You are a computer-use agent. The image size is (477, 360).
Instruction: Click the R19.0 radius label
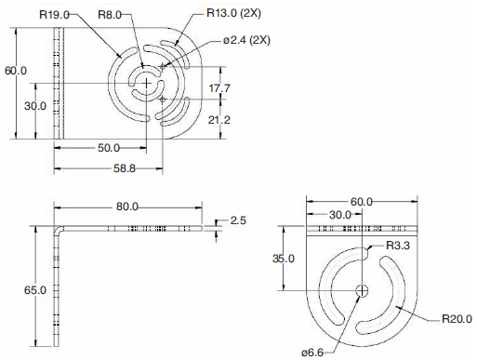click(55, 14)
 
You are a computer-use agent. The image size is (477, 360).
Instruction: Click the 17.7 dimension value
click(220, 88)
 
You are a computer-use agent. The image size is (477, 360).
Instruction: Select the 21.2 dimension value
click(220, 119)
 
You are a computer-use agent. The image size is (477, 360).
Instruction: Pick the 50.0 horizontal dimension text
click(109, 148)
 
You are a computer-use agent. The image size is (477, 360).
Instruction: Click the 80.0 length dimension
click(127, 207)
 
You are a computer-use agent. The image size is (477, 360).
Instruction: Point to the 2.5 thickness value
click(238, 220)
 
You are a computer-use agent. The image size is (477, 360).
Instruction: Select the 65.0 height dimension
click(35, 290)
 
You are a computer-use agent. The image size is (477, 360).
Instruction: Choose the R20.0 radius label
click(453, 318)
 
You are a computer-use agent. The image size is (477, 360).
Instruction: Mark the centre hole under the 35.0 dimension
click(363, 290)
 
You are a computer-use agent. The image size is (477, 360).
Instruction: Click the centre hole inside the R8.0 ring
click(146, 83)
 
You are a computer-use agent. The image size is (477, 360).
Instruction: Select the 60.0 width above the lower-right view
click(361, 202)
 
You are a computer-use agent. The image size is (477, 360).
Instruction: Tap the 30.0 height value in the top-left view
click(35, 106)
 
